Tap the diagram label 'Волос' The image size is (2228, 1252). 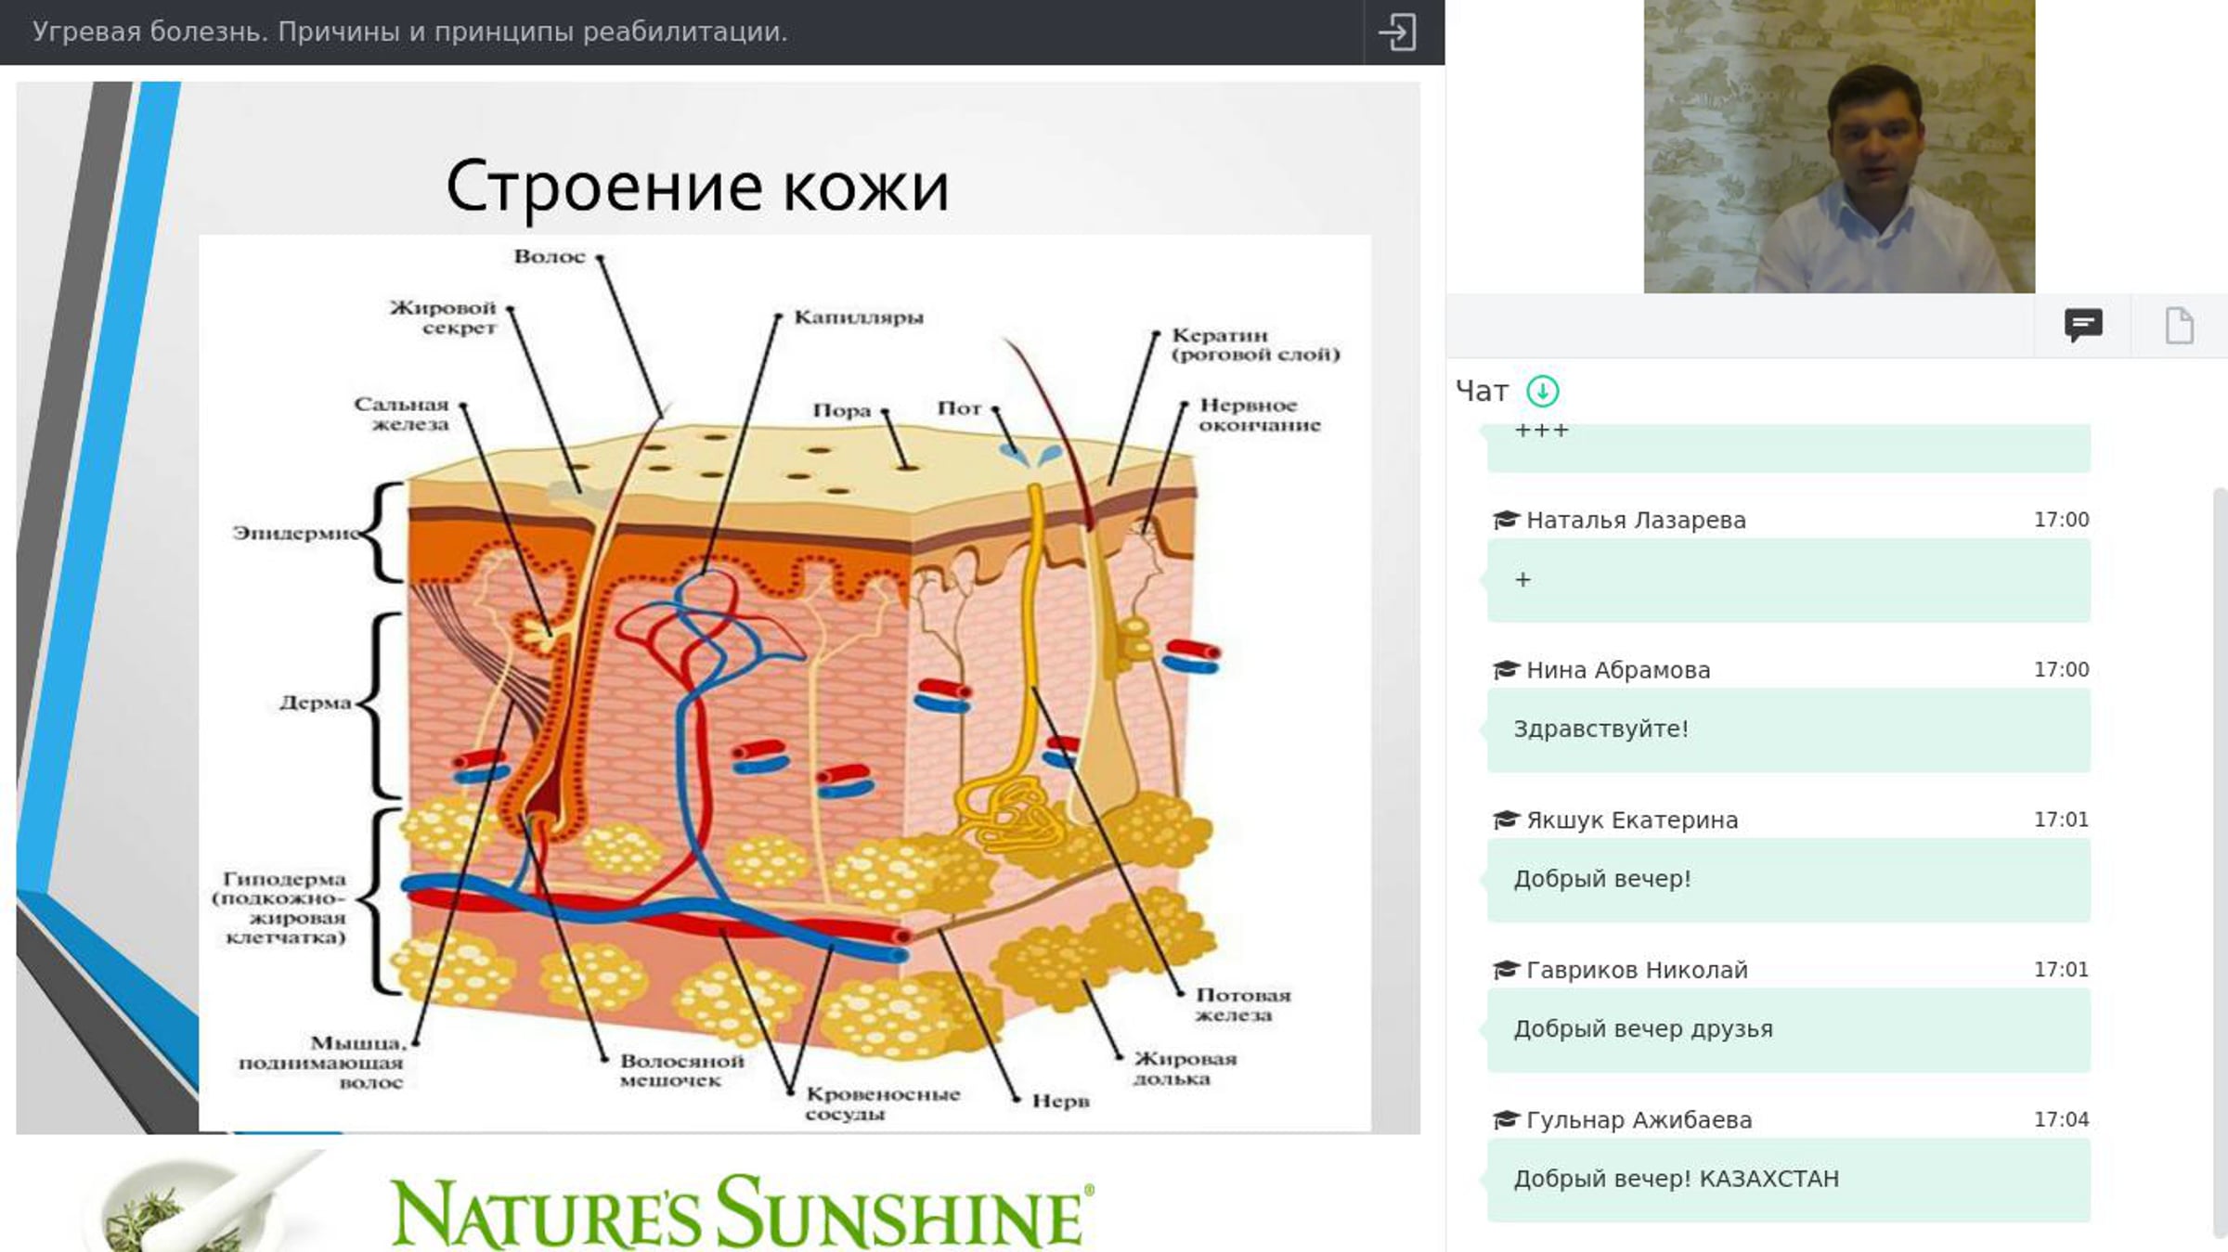pyautogui.click(x=550, y=256)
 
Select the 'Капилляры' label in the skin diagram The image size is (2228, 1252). pyautogui.click(x=859, y=317)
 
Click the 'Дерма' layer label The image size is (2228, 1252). pyautogui.click(x=316, y=703)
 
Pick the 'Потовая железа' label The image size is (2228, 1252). pyautogui.click(x=1243, y=1005)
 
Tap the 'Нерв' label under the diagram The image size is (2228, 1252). pyautogui.click(x=1061, y=1101)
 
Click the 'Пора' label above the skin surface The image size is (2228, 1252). pyautogui.click(x=842, y=410)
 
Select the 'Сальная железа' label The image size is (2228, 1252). pyautogui.click(x=401, y=414)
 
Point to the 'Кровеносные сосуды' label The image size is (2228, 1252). pyautogui.click(x=883, y=1104)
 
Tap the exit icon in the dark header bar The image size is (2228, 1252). pyautogui.click(x=1397, y=32)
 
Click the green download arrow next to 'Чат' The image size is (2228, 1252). pyautogui.click(x=1543, y=391)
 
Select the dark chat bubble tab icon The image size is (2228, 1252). pyautogui.click(x=2083, y=326)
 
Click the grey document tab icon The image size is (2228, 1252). pyautogui.click(x=2180, y=326)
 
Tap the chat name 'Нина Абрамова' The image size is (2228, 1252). pyautogui.click(x=1618, y=670)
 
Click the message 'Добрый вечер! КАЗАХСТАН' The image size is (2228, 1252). pyautogui.click(x=1676, y=1179)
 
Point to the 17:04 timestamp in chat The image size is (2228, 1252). pyautogui.click(x=2061, y=1119)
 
